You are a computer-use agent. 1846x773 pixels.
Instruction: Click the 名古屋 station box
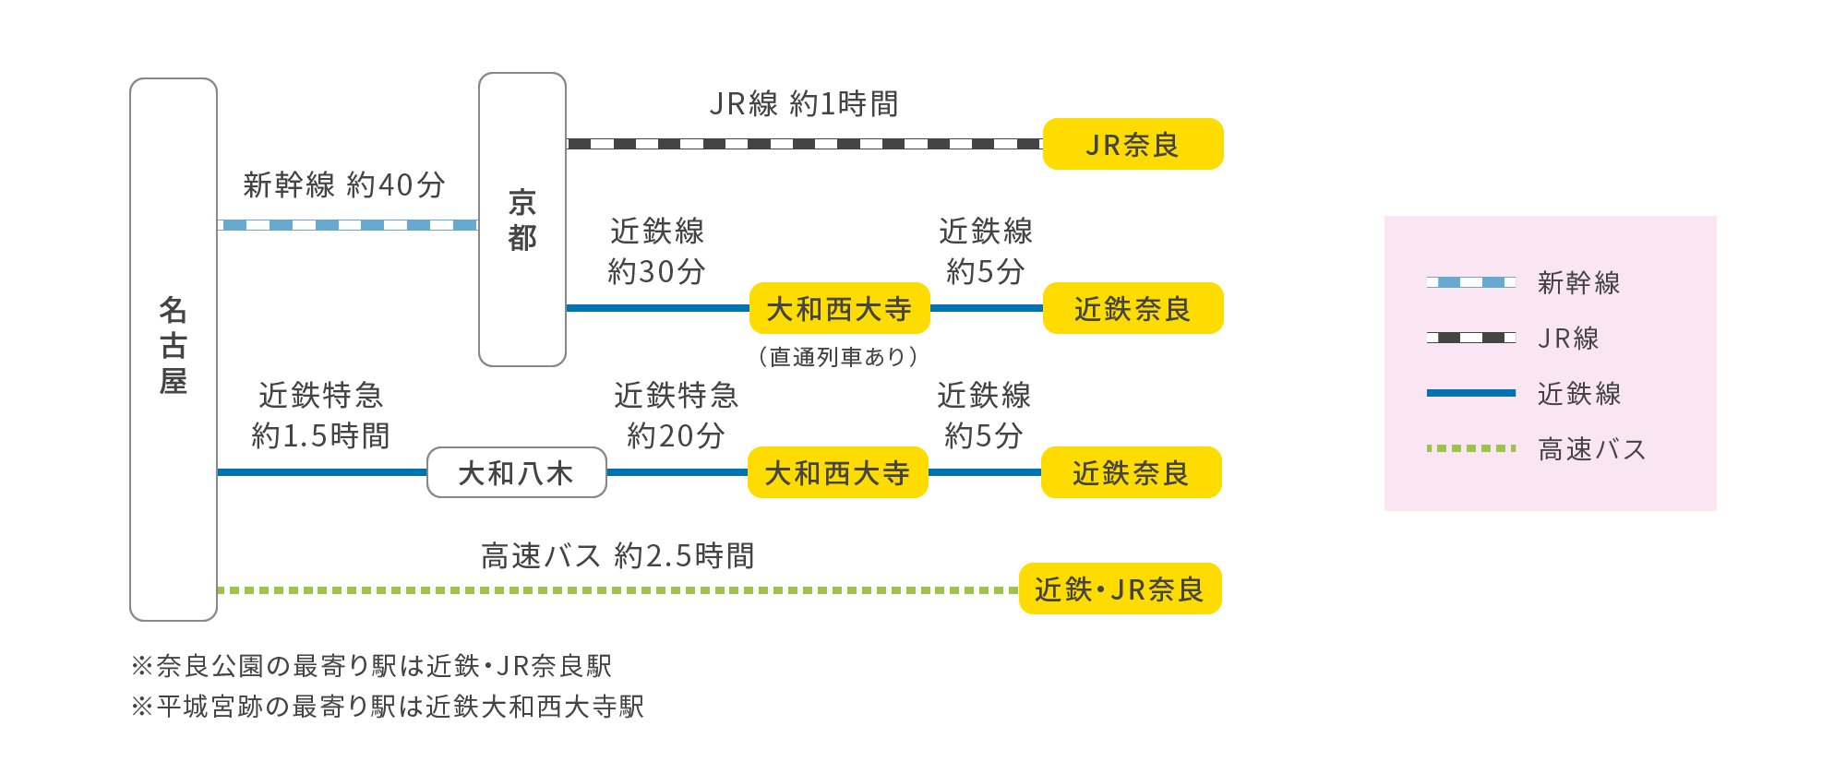pos(174,349)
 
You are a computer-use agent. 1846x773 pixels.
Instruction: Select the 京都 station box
pos(522,220)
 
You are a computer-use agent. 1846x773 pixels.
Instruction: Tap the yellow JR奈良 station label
pos(1133,145)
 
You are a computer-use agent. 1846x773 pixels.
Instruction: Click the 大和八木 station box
pos(516,473)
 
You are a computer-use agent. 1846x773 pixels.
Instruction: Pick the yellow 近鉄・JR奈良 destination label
pos(1120,589)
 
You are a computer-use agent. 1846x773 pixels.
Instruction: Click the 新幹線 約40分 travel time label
pos(344,185)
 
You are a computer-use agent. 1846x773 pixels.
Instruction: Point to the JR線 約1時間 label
pos(804,104)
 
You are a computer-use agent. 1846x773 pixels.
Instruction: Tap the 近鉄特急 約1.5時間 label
pos(320,415)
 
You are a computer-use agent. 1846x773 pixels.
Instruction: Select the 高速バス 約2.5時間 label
pos(617,556)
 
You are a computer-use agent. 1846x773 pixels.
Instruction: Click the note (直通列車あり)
pos(838,357)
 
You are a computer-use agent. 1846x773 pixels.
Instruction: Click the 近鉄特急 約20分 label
pos(676,415)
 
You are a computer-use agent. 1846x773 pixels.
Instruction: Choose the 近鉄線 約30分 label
pos(656,251)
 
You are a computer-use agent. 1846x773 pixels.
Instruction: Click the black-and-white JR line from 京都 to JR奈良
pos(803,144)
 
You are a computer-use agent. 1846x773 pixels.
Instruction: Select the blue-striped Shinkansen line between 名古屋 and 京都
pos(348,225)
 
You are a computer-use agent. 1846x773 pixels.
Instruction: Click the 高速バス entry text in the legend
pos(1591,449)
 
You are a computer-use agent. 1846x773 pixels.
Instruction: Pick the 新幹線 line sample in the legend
pos(1471,282)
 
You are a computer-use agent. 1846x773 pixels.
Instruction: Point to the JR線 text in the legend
pos(1567,339)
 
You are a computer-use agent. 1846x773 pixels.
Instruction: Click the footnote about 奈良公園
pos(371,666)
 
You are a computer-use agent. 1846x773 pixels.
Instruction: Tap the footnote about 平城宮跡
pos(387,707)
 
